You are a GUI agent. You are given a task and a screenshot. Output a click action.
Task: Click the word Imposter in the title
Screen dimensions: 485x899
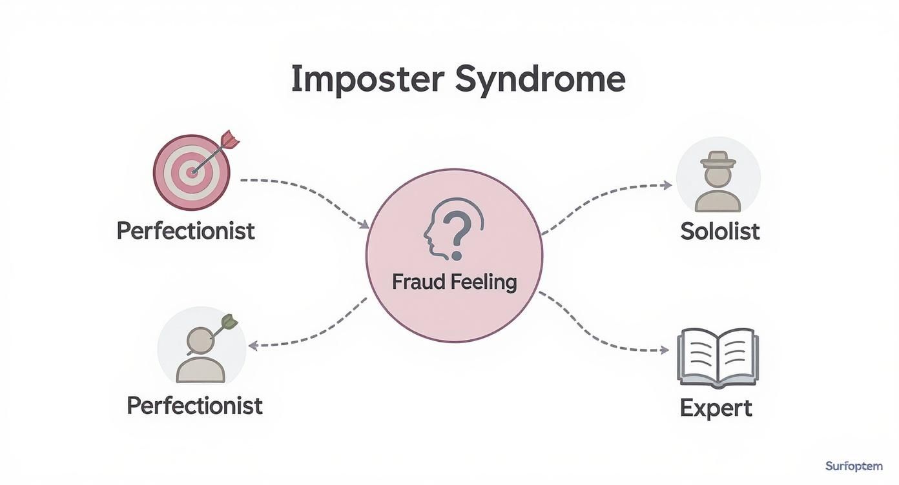tap(367, 80)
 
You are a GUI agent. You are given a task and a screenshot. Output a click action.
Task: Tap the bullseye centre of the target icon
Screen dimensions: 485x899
tap(191, 172)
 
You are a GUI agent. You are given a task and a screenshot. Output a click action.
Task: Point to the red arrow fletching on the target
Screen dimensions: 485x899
tap(229, 139)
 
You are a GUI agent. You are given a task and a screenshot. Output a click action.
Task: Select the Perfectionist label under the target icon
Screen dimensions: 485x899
tap(186, 230)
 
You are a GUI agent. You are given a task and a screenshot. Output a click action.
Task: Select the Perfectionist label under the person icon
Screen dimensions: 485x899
tap(194, 406)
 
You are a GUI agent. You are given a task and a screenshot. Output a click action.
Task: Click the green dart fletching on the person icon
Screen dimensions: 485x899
tap(229, 322)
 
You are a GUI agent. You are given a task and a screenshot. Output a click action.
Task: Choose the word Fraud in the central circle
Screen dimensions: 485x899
tap(416, 282)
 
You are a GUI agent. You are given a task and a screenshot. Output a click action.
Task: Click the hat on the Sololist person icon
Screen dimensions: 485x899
tap(718, 159)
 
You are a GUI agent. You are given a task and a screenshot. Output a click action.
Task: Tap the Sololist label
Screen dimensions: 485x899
tap(719, 232)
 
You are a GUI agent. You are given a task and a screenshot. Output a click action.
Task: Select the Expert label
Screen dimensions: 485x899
tap(716, 408)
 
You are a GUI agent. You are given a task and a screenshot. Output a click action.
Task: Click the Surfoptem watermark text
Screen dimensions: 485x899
tap(857, 466)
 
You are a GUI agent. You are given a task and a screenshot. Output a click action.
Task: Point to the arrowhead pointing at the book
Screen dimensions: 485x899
tap(665, 350)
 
